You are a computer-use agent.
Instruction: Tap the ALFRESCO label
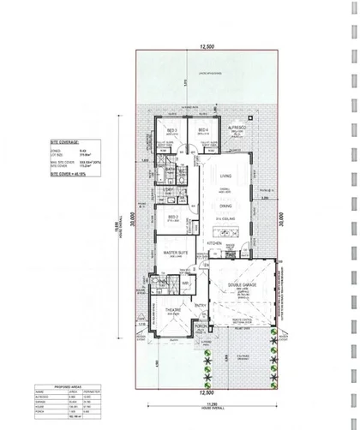pos(237,126)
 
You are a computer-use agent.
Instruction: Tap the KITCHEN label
pos(216,242)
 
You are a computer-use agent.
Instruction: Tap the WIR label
pos(184,280)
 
